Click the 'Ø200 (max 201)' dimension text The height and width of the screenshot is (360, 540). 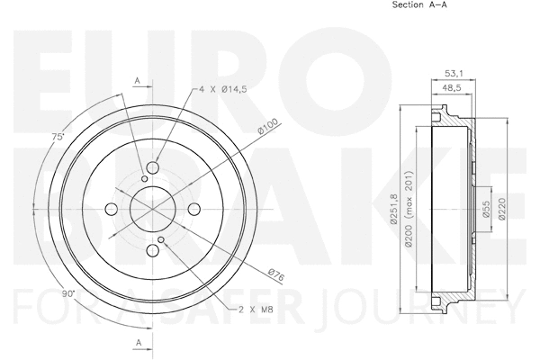[x=409, y=209]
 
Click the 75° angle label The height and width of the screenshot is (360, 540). [x=58, y=137]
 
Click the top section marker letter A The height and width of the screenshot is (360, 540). [x=137, y=81]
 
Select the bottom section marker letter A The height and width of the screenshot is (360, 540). [x=137, y=343]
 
